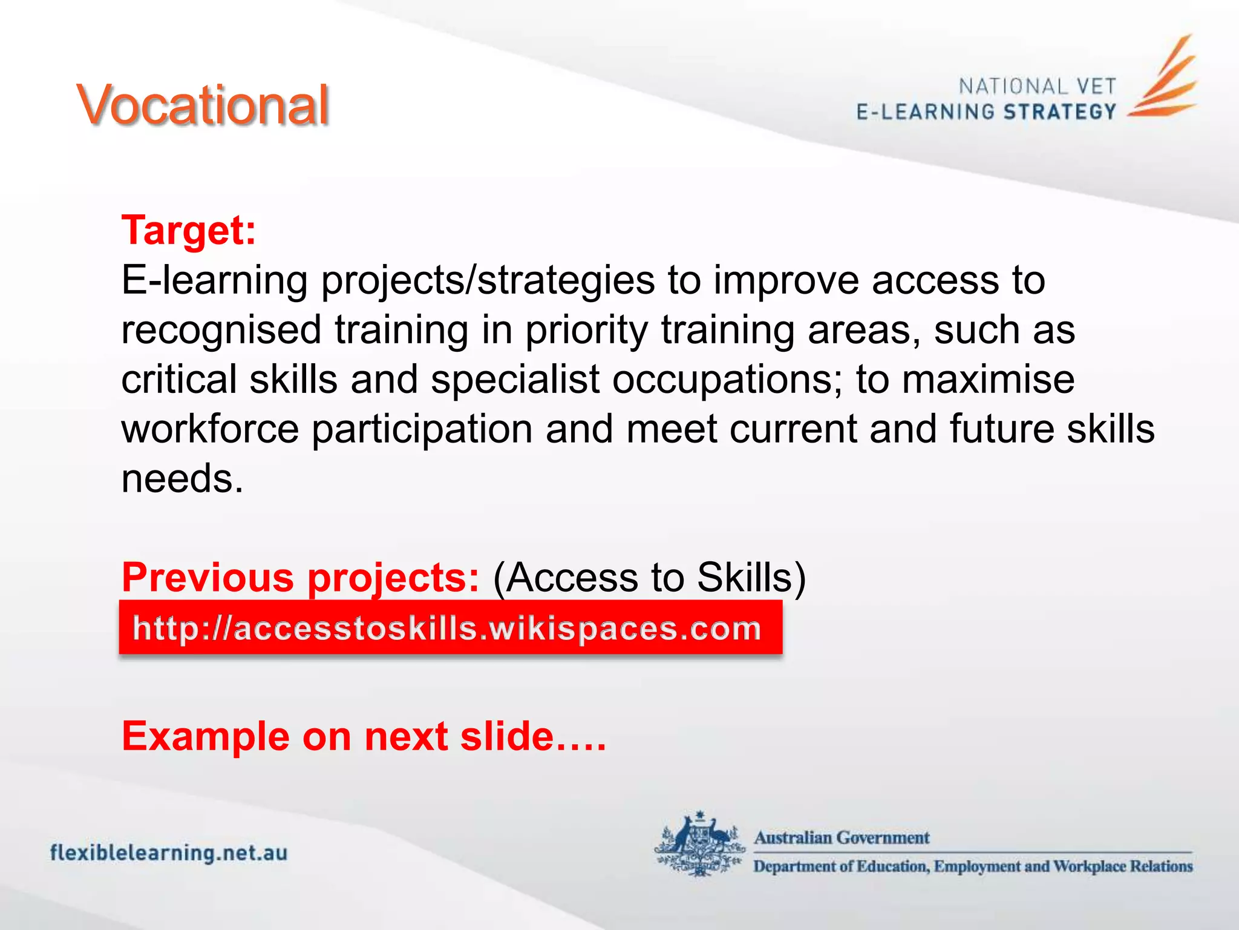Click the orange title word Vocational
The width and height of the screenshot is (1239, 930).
click(x=203, y=106)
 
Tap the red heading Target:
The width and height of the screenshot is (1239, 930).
click(x=189, y=231)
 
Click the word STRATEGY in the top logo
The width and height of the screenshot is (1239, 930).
click(x=1059, y=112)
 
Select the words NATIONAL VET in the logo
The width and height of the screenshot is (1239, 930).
click(x=1037, y=87)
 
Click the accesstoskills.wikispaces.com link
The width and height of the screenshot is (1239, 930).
click(x=446, y=628)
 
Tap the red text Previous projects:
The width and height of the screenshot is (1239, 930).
click(x=301, y=577)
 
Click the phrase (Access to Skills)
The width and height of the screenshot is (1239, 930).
click(x=649, y=577)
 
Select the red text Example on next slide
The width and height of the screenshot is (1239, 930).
click(x=363, y=736)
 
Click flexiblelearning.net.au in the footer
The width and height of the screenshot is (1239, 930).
click(x=169, y=853)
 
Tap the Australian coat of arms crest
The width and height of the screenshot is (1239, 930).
click(x=700, y=844)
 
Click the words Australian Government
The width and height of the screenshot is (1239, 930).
click(x=841, y=838)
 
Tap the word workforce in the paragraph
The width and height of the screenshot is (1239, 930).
click(x=210, y=429)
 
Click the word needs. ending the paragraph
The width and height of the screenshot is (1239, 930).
click(x=182, y=479)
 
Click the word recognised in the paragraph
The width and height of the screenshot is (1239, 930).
click(x=221, y=330)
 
